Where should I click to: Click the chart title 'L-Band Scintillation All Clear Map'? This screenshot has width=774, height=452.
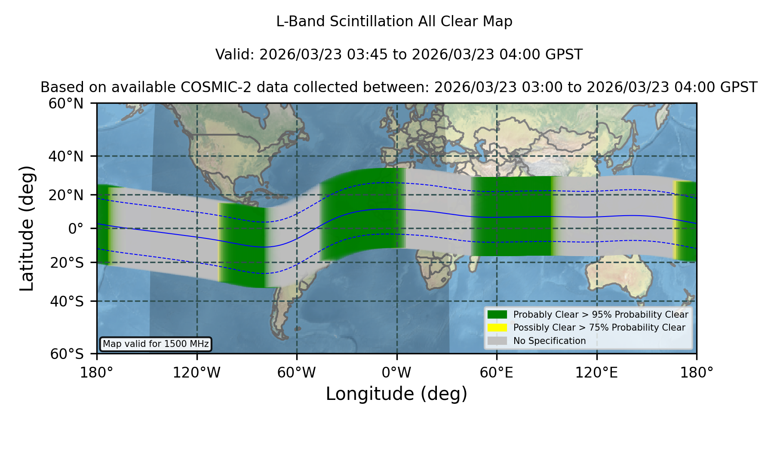394,22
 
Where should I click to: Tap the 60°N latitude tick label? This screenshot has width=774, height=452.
66,104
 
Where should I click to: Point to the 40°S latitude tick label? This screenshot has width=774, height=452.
67,301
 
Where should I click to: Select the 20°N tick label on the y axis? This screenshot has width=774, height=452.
66,195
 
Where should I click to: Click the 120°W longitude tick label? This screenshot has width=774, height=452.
197,373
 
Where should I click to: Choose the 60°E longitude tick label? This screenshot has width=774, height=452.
497,373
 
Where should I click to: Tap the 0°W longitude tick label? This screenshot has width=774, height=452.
397,373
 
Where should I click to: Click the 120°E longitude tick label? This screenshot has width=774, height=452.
597,373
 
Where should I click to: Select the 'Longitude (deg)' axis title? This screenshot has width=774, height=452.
396,394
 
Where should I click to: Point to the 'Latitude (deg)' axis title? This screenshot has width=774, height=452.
27,228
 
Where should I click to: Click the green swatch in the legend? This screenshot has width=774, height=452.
497,315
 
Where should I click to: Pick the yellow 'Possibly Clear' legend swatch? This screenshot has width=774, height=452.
497,328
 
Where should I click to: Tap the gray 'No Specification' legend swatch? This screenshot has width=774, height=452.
497,341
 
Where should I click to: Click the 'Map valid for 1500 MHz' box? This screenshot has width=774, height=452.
156,344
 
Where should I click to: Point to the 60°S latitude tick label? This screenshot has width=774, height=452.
67,354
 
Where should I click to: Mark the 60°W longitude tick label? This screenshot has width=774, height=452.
297,373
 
